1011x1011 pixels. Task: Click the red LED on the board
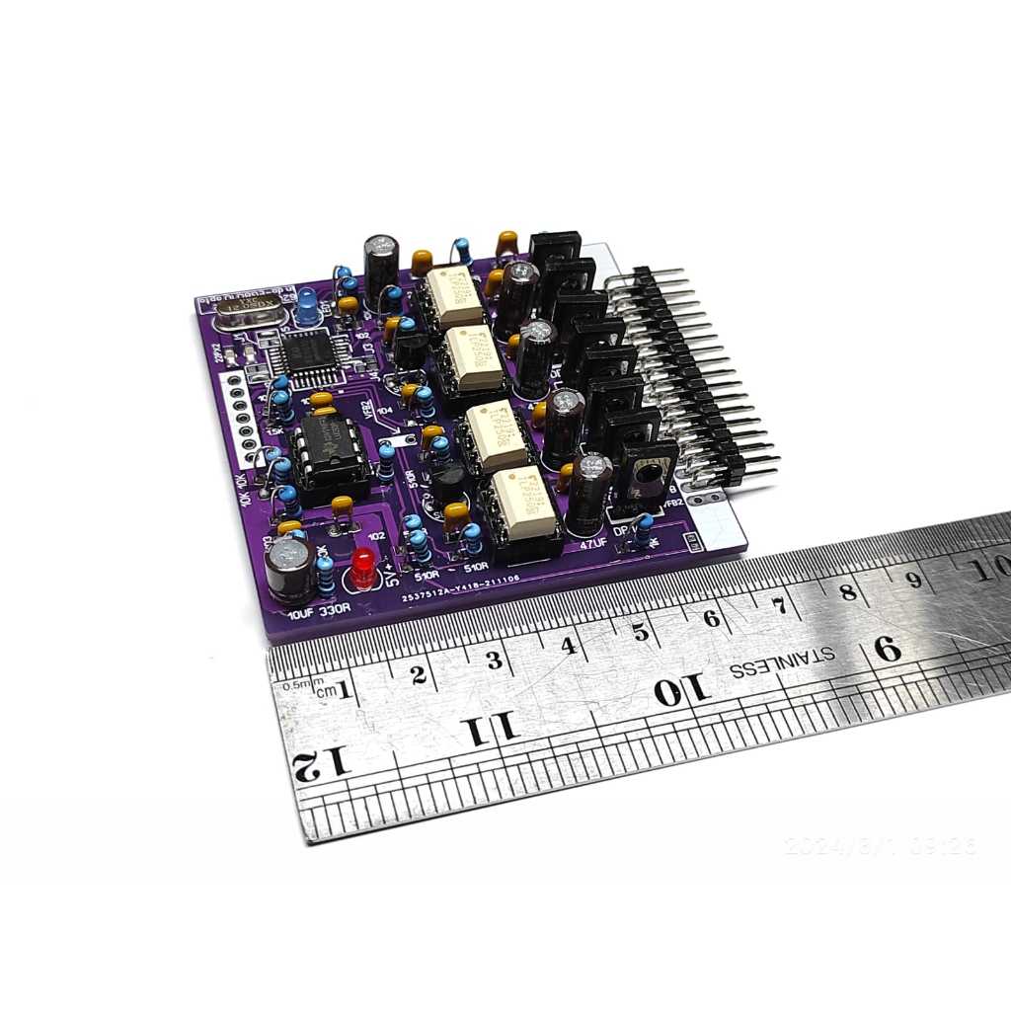363,568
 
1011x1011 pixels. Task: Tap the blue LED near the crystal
308,307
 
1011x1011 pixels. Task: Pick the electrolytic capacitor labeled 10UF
290,571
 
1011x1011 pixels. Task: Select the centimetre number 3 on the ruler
495,660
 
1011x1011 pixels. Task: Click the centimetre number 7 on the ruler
779,604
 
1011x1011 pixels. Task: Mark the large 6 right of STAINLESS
887,649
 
